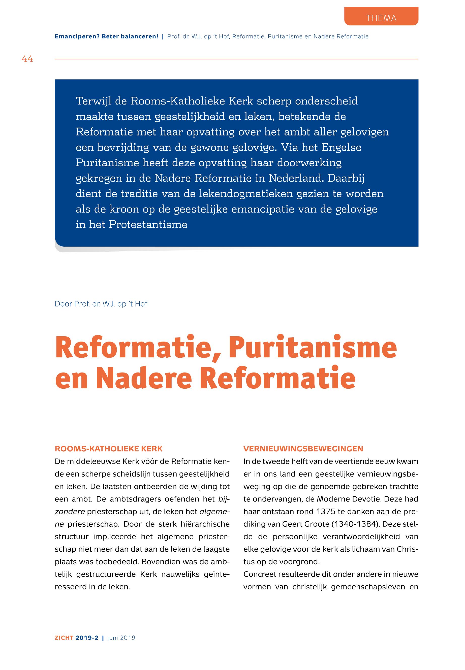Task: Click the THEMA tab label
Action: (x=381, y=18)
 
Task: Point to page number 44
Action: (x=27, y=59)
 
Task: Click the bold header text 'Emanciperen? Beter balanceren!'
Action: (x=106, y=37)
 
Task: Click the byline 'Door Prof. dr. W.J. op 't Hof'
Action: (x=101, y=304)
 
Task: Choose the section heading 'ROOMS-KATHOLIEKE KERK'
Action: (x=108, y=449)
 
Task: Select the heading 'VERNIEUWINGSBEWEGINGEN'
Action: (x=303, y=449)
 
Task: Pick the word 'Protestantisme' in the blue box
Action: (x=148, y=224)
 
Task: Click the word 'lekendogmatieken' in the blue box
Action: (x=246, y=194)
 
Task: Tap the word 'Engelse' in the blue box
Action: (x=341, y=147)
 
